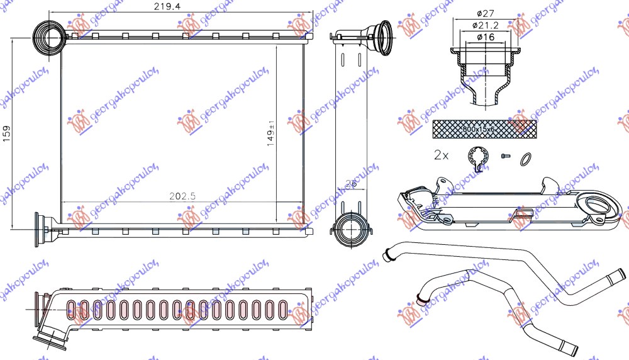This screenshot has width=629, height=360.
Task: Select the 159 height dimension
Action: (7, 134)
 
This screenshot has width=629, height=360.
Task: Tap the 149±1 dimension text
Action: (270, 133)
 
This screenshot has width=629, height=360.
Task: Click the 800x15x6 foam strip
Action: (484, 129)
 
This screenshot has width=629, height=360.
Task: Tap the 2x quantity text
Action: (442, 154)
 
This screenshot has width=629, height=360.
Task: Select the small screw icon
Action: (504, 155)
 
